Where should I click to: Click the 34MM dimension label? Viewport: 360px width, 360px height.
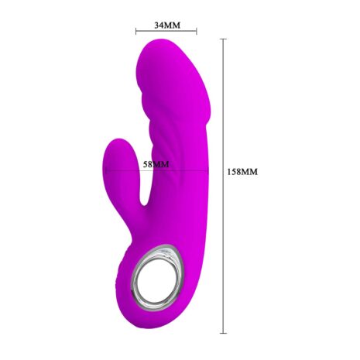[x=167, y=25]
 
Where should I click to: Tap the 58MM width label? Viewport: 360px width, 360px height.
[x=156, y=164]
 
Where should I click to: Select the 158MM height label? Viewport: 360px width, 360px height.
[x=242, y=172]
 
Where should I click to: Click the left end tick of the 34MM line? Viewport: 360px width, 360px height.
[x=136, y=32]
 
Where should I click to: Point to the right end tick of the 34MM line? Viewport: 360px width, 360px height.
[x=197, y=32]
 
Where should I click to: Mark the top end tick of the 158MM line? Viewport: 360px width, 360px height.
[x=223, y=39]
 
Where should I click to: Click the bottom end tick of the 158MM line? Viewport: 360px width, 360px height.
[x=223, y=333]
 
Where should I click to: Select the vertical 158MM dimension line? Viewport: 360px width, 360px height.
[x=223, y=186]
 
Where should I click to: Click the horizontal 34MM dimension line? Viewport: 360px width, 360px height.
[x=166, y=32]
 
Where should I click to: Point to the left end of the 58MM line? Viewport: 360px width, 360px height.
[x=105, y=170]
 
